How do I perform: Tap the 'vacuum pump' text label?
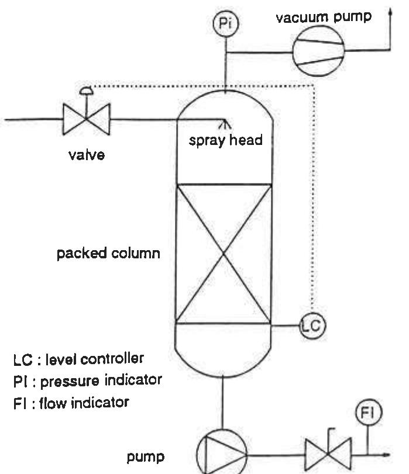[323, 16]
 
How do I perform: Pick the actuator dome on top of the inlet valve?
[87, 91]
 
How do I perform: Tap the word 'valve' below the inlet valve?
[86, 156]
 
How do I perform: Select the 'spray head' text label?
[225, 141]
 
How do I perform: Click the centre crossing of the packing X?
[225, 253]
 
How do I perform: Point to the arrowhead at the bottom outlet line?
[386, 454]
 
